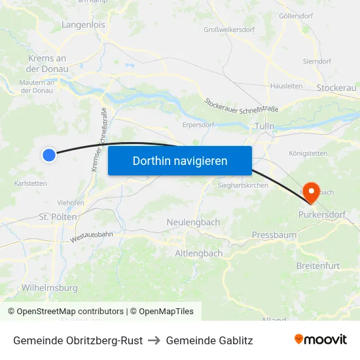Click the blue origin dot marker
(49, 154)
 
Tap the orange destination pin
(312, 192)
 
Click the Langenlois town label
(83, 25)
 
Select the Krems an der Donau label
(47, 63)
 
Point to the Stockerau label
(336, 88)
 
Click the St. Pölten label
(58, 217)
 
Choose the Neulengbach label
(194, 223)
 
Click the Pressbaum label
(274, 234)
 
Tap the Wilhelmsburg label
(50, 287)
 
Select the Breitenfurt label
(317, 265)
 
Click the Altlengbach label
(198, 253)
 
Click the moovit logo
(320, 340)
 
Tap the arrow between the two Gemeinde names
(154, 340)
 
